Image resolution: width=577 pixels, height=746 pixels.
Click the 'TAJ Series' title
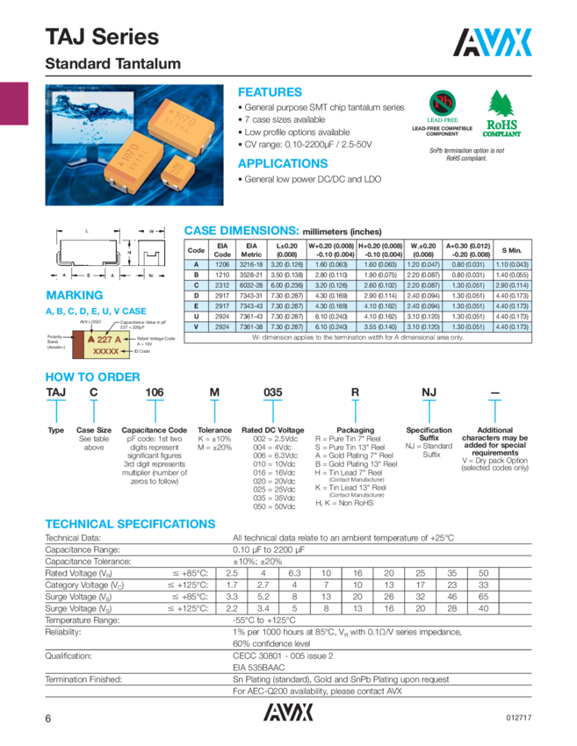point(102,37)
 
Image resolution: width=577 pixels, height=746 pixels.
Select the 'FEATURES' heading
point(270,91)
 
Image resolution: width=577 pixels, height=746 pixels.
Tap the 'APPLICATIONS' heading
point(283,164)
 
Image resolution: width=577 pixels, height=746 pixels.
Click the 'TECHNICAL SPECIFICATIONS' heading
point(130,523)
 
